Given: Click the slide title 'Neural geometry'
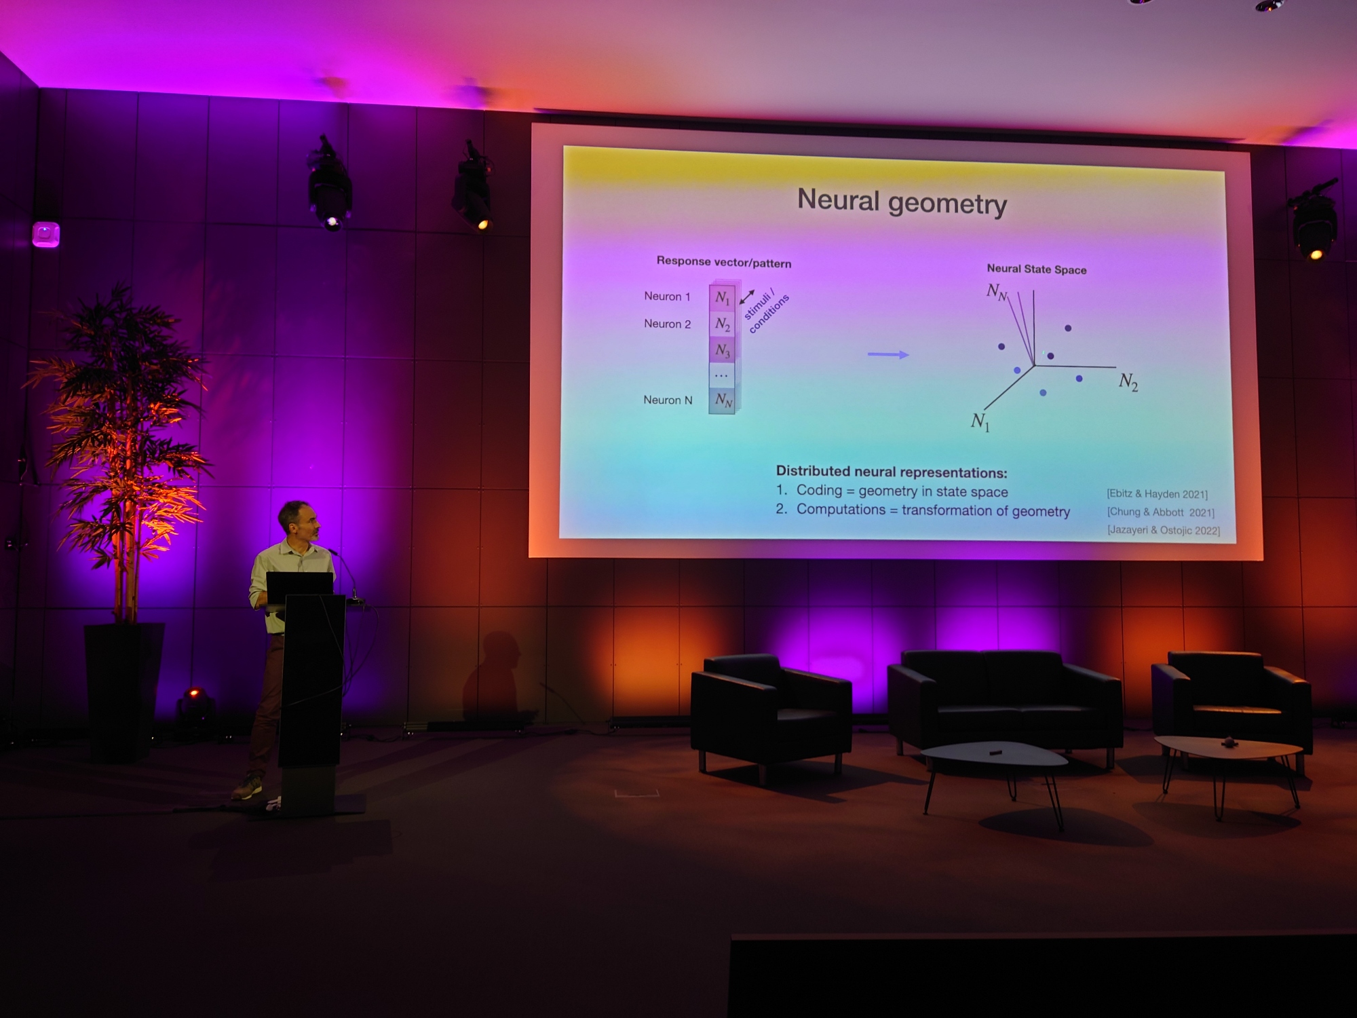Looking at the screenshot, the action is [902, 202].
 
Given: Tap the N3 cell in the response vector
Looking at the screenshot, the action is [722, 350].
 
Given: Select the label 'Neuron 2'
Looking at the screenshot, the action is [667, 324].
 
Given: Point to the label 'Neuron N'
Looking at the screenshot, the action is [668, 400].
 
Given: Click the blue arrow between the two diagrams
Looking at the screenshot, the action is [887, 354].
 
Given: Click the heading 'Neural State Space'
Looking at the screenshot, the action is [1036, 269].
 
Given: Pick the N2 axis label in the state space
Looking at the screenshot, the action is [1128, 381].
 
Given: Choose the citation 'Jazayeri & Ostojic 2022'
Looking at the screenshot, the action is [1164, 530].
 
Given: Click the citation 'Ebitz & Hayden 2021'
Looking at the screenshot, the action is [1157, 493].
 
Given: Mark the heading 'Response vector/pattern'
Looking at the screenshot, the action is [723, 262].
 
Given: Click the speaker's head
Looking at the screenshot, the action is [297, 521].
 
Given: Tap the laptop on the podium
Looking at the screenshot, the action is [299, 587].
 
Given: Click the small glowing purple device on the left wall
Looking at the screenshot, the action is [46, 235].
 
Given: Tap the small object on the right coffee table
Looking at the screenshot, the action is [1228, 742].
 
